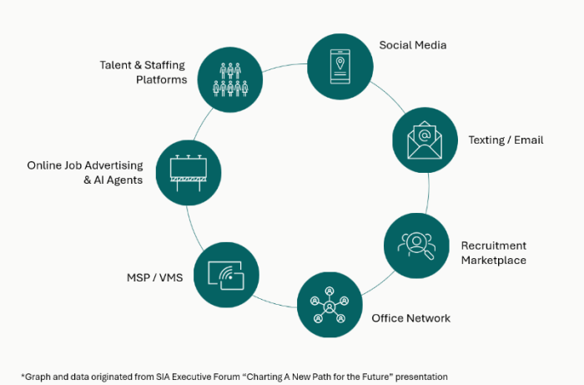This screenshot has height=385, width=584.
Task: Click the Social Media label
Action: pyautogui.click(x=412, y=45)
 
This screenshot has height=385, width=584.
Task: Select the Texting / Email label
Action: pyautogui.click(x=506, y=139)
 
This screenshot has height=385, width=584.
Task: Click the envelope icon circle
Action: pyautogui.click(x=425, y=139)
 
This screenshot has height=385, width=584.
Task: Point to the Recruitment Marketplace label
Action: pyautogui.click(x=494, y=252)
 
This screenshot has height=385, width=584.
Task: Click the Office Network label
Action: pyautogui.click(x=410, y=318)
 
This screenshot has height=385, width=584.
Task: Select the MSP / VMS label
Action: pyautogui.click(x=148, y=277)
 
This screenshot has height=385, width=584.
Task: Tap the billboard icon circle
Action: pyautogui.click(x=188, y=172)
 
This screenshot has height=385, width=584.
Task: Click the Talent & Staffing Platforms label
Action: pyautogui.click(x=142, y=72)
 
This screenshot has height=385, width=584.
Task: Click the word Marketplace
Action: pyautogui.click(x=494, y=260)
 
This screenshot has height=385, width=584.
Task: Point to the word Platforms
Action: pyautogui.click(x=161, y=80)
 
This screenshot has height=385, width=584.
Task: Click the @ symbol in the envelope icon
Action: pyautogui.click(x=425, y=134)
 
